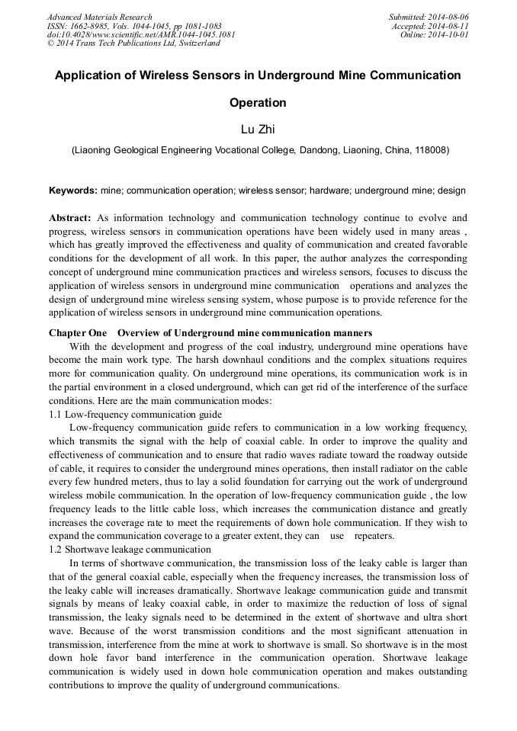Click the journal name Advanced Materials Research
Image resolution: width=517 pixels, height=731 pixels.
click(99, 17)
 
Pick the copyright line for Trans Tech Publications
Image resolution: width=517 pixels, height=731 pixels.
click(133, 43)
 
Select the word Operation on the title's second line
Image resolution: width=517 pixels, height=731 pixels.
click(258, 103)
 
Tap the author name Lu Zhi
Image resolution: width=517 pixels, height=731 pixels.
click(258, 130)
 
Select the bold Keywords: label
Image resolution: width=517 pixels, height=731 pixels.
click(73, 190)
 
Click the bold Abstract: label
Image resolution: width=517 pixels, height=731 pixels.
click(70, 218)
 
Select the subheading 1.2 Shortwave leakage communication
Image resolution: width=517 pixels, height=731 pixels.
click(130, 549)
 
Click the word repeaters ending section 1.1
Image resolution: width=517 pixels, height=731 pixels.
click(374, 536)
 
